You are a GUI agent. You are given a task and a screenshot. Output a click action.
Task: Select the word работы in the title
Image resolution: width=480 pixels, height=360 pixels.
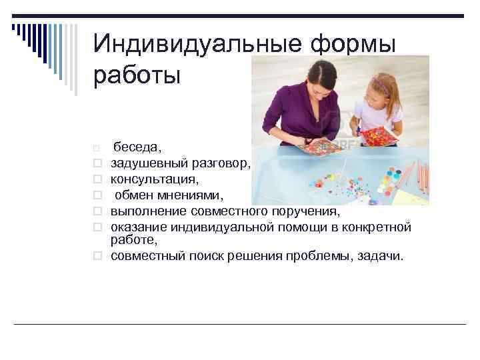[137, 75]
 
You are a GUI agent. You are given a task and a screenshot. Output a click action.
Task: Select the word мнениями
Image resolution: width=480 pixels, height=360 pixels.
[204, 196]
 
